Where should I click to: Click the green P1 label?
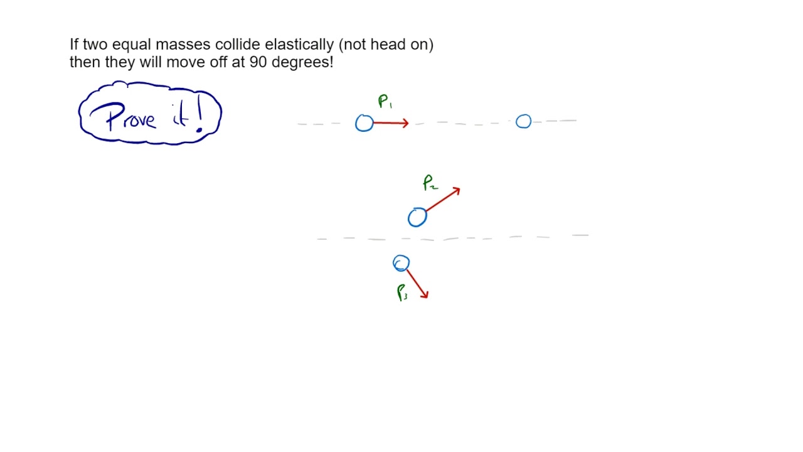pos(385,102)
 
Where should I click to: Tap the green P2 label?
pos(430,183)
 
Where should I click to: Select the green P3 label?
pos(402,293)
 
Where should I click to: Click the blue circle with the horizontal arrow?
pos(364,123)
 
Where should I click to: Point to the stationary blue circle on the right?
pos(523,122)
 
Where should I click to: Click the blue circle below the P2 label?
pos(417,218)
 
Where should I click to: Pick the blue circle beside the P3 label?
pos(401,264)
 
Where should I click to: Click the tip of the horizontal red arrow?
pos(407,124)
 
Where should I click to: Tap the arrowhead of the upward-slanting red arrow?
pos(459,189)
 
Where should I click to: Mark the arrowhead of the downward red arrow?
pos(426,296)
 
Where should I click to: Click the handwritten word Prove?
pos(130,117)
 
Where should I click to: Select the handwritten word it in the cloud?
pos(179,115)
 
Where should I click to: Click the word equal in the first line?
pos(132,45)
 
